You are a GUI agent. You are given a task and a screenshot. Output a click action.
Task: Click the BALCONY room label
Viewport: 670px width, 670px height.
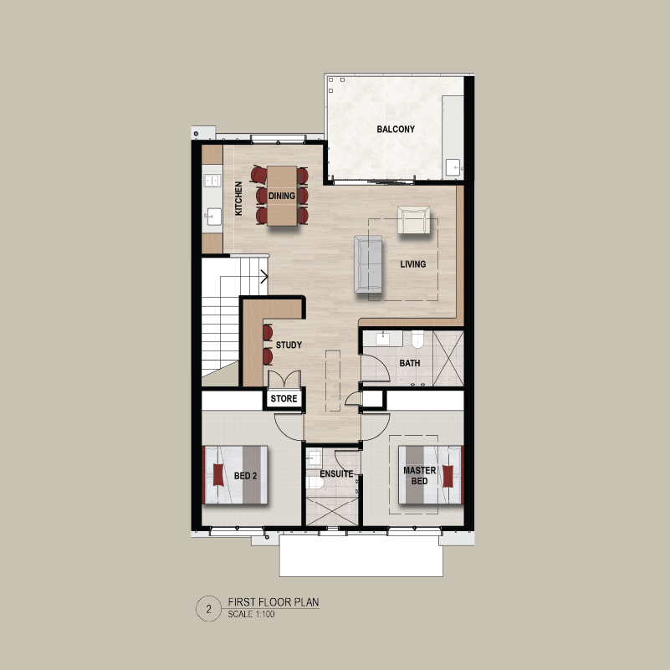tap(396, 129)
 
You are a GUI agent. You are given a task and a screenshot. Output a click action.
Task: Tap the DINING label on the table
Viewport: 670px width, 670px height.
tap(282, 196)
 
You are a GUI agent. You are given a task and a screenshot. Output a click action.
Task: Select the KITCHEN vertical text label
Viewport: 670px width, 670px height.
tap(238, 198)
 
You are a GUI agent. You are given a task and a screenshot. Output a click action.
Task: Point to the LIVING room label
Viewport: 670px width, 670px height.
tap(412, 264)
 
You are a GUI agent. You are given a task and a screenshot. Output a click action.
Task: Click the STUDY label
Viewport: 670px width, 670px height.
tap(289, 345)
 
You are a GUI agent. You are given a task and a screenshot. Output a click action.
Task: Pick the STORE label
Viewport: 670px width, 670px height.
tap(284, 399)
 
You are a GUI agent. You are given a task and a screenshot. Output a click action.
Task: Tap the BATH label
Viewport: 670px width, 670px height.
tap(409, 363)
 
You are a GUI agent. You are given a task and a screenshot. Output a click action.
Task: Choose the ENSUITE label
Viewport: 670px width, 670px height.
tap(336, 474)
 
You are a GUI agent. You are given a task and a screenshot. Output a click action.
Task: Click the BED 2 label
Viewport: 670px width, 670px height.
tap(245, 476)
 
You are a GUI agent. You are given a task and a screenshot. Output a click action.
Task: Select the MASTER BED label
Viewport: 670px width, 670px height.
tap(420, 476)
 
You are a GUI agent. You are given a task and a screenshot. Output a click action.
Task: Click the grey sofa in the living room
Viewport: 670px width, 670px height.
tap(368, 264)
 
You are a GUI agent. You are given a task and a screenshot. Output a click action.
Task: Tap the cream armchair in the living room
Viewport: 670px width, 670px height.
tap(413, 220)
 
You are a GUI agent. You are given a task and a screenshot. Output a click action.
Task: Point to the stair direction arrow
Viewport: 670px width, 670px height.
tap(264, 277)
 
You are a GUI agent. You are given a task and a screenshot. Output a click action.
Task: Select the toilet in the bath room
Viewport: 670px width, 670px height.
tap(417, 339)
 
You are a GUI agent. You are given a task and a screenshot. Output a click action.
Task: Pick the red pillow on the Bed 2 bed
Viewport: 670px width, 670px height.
tap(218, 475)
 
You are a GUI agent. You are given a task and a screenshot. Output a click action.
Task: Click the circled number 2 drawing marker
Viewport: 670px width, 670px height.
tap(208, 608)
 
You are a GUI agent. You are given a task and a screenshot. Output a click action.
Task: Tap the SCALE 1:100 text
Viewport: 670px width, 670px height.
tap(251, 614)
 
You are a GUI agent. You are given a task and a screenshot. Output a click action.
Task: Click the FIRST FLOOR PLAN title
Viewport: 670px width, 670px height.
tap(274, 602)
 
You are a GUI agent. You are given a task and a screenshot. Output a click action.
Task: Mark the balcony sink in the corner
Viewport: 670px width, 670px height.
tap(453, 167)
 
